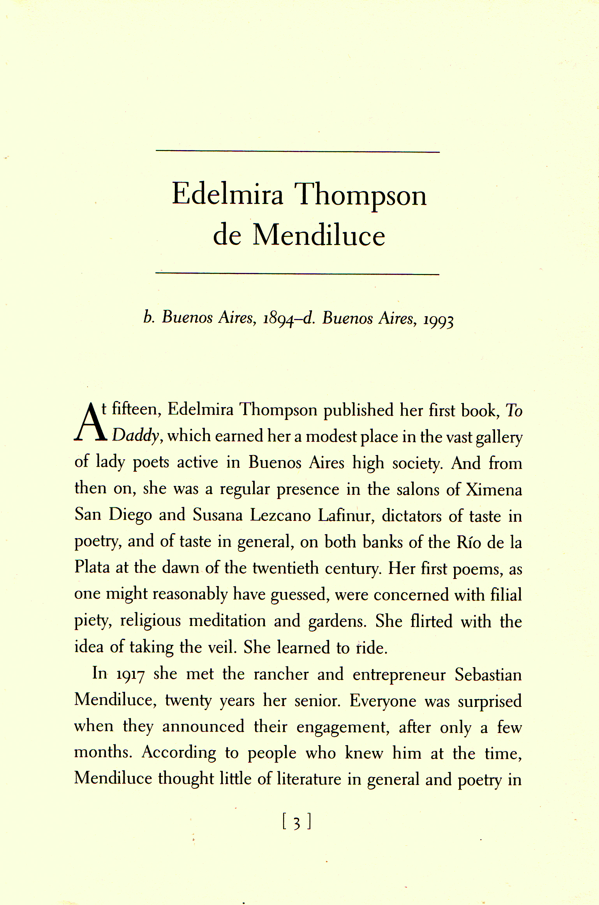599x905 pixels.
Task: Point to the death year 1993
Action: (x=439, y=321)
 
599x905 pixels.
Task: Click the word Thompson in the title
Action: (x=360, y=195)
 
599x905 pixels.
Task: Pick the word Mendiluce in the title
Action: (x=319, y=236)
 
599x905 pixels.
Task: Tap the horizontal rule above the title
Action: (x=298, y=151)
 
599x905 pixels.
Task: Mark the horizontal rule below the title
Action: (x=298, y=273)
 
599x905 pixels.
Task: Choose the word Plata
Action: (x=92, y=568)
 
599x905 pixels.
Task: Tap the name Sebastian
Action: (x=488, y=675)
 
